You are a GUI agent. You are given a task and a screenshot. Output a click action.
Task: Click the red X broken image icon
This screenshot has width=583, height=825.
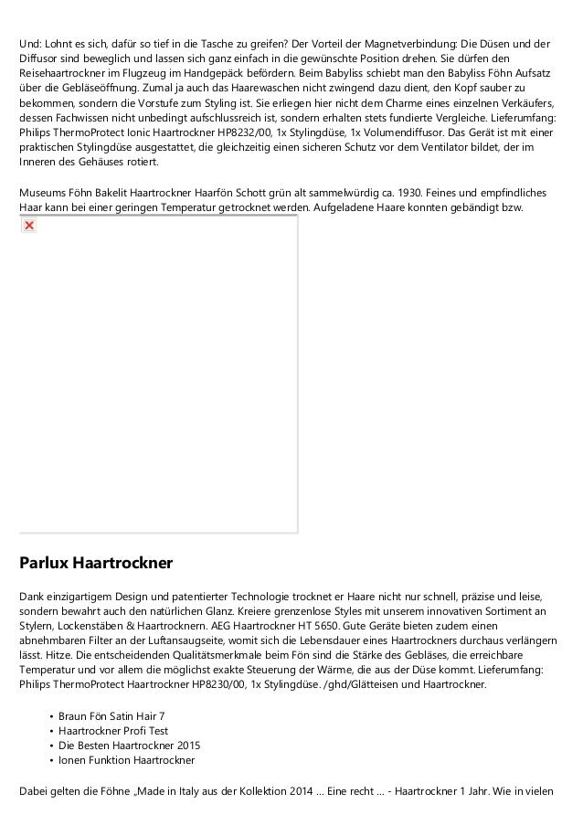click(x=28, y=225)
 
